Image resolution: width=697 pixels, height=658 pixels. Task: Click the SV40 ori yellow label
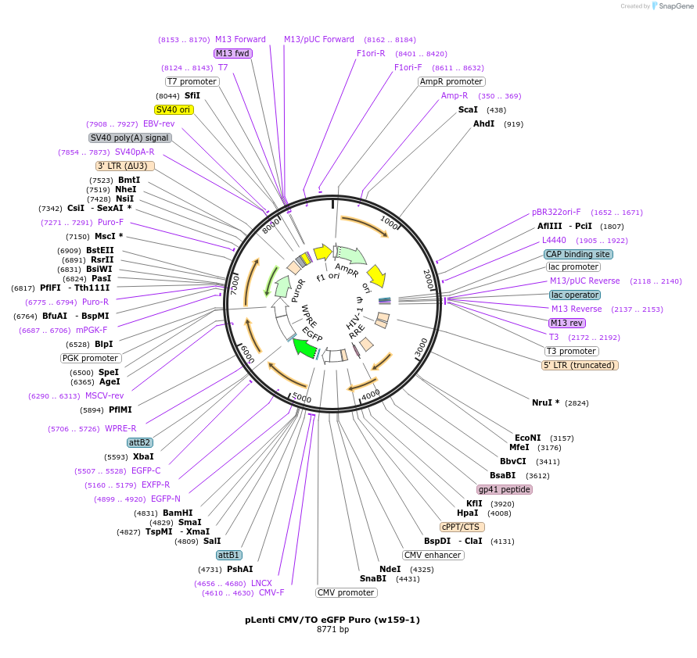[x=174, y=109]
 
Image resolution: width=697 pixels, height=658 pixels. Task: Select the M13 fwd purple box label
[x=233, y=53]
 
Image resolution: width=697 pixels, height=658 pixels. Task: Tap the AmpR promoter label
[x=451, y=81]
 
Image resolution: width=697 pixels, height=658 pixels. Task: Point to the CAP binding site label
[x=578, y=254]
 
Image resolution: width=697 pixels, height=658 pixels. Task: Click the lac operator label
[x=574, y=295]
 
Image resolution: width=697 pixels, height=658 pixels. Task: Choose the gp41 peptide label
[x=505, y=489]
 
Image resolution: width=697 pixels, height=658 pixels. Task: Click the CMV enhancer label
[x=433, y=555]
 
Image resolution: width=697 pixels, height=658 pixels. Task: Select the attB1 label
[x=229, y=555]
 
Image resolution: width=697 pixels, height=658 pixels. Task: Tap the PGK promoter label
[x=91, y=358]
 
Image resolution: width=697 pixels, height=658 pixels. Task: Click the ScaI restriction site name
[x=468, y=110]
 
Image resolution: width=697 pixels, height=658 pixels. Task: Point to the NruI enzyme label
[x=545, y=402]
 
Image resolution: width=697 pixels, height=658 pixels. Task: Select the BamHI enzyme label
[x=178, y=513]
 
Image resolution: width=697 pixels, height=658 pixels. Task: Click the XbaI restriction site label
[x=143, y=456]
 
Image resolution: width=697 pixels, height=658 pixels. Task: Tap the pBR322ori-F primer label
[x=556, y=212]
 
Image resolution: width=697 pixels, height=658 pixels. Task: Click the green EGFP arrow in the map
[x=305, y=347]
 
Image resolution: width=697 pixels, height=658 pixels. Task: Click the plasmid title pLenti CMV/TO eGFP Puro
[x=332, y=620]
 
